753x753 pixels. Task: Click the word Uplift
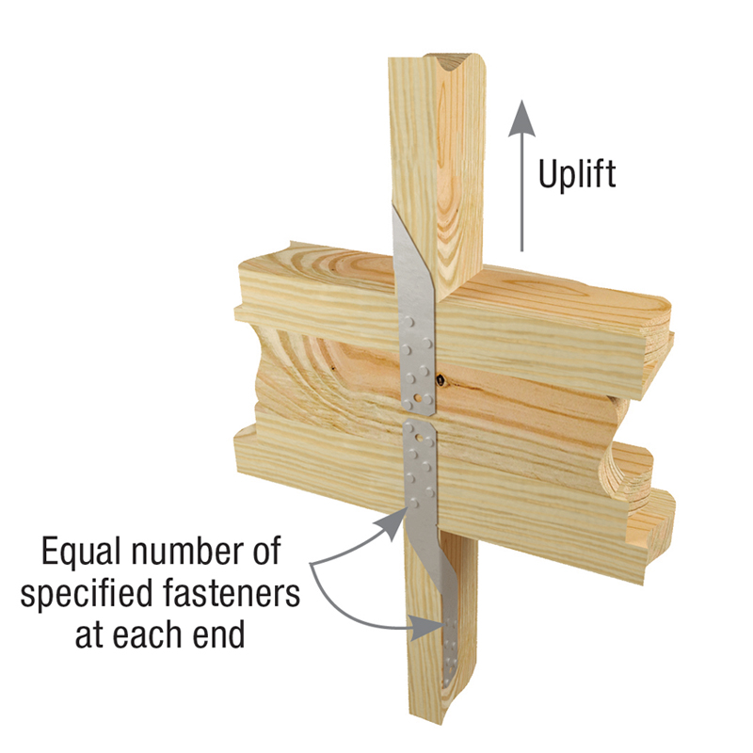pyautogui.click(x=577, y=175)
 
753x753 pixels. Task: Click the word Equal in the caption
pyautogui.click(x=81, y=553)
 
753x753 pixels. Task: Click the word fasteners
pyautogui.click(x=232, y=593)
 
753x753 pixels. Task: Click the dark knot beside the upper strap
pyautogui.click(x=439, y=381)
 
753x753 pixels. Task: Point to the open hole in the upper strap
pyautogui.click(x=420, y=398)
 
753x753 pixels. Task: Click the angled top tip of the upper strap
pyautogui.click(x=393, y=210)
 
